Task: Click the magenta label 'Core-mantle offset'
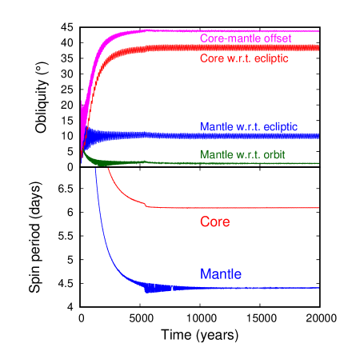click(245, 38)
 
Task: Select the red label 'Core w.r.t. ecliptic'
click(243, 58)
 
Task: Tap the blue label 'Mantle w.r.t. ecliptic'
click(249, 126)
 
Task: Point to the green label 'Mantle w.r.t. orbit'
click(242, 154)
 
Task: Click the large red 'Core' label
click(214, 221)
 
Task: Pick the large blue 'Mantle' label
click(221, 274)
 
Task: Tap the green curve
click(240, 163)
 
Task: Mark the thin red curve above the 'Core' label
click(240, 208)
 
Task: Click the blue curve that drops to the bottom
click(240, 288)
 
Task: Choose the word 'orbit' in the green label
click(272, 154)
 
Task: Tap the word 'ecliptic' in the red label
click(270, 58)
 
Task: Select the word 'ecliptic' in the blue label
click(279, 126)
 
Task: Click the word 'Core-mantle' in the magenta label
click(228, 38)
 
